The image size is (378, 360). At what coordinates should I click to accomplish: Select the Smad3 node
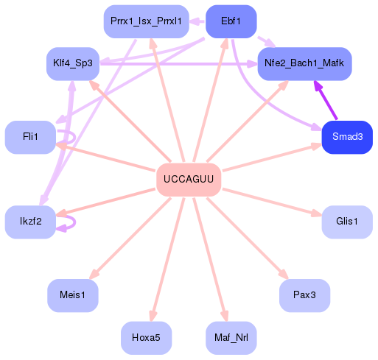point(346,138)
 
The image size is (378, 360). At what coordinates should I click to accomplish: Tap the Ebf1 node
point(231,21)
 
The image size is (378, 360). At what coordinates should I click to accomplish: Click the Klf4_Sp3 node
point(72,63)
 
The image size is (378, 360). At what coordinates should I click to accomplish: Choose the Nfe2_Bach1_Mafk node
point(304,63)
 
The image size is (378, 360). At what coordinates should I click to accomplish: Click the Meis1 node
point(72,296)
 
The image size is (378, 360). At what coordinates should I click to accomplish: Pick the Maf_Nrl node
point(231,338)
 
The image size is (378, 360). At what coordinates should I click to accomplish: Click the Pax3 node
point(304,296)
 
